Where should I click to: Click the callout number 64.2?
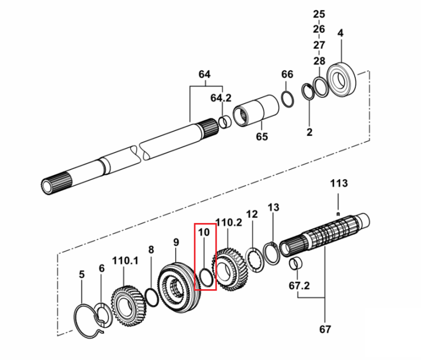pyautogui.click(x=221, y=98)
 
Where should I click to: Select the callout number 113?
pyautogui.click(x=339, y=183)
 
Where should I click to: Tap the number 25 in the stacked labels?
pyautogui.click(x=319, y=14)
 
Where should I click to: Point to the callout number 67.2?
pyautogui.click(x=299, y=285)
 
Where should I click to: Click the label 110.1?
pyautogui.click(x=125, y=261)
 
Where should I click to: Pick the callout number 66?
pyautogui.click(x=287, y=74)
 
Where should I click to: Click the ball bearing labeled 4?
pyautogui.click(x=342, y=79)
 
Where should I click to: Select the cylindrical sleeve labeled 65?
pyautogui.click(x=255, y=110)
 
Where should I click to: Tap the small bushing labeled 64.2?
pyautogui.click(x=225, y=121)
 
